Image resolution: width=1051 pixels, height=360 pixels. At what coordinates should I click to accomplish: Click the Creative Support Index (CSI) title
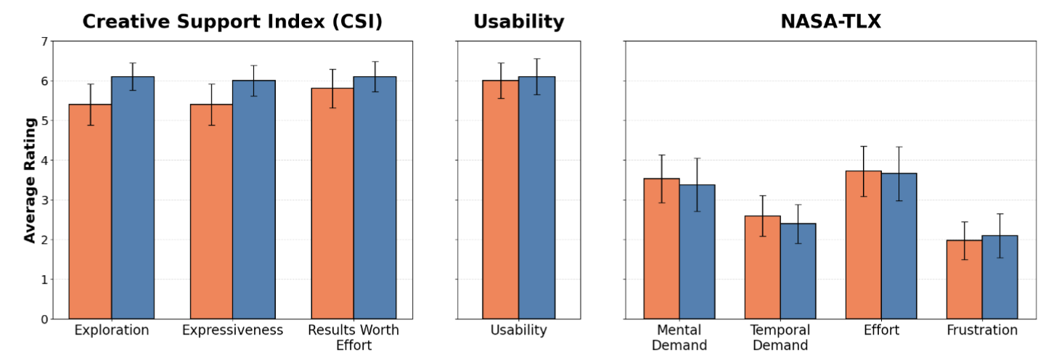[x=232, y=22]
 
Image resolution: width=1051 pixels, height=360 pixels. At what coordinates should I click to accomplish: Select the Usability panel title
[x=518, y=22]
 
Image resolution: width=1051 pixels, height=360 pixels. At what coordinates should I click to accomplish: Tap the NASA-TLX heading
[x=830, y=22]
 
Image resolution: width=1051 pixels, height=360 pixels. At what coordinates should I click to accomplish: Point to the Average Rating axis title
[x=30, y=180]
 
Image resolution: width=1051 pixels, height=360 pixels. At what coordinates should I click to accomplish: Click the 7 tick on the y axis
[x=44, y=41]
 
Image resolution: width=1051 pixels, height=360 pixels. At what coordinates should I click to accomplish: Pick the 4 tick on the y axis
[x=44, y=160]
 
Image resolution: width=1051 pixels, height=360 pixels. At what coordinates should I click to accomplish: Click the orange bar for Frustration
[x=965, y=279]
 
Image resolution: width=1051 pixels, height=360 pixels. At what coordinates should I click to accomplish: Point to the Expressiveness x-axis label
[x=232, y=331]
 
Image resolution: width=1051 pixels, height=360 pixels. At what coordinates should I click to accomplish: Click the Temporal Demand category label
[x=780, y=337]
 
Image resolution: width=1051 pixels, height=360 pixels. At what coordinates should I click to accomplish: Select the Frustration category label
[x=982, y=331]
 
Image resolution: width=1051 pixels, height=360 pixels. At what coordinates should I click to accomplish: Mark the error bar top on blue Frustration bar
[x=999, y=213]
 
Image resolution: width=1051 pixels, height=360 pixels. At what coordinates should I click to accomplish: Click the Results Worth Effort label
[x=353, y=337]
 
